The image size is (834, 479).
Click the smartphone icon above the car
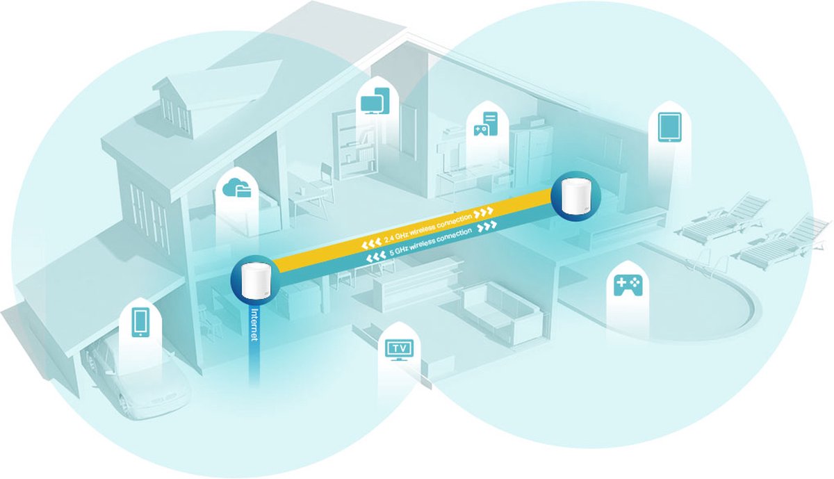(140, 322)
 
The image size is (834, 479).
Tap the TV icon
(399, 350)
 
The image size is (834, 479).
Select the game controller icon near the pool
(628, 285)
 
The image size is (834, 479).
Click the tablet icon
(670, 127)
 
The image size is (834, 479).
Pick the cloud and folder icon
(237, 187)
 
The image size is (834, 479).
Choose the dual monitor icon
(375, 101)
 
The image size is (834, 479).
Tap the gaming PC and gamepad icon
(486, 124)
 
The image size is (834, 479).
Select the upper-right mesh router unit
(575, 197)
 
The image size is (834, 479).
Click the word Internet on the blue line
(255, 325)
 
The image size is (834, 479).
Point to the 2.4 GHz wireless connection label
(428, 227)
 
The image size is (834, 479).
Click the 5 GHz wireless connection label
(431, 242)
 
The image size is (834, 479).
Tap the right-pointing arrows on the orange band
(484, 213)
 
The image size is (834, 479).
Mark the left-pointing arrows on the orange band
(371, 243)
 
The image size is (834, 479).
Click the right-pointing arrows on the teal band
(487, 226)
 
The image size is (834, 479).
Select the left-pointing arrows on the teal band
(376, 257)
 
